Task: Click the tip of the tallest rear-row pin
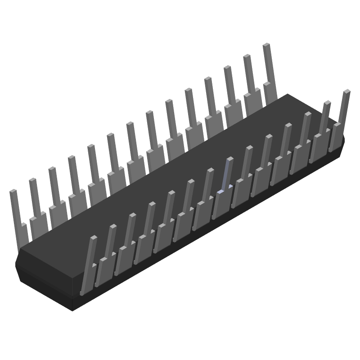pos(266,45)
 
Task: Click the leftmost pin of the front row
pos(89,265)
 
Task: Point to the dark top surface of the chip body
pos(180,180)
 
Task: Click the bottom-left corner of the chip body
pos(72,310)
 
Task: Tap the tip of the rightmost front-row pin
pos(346,91)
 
